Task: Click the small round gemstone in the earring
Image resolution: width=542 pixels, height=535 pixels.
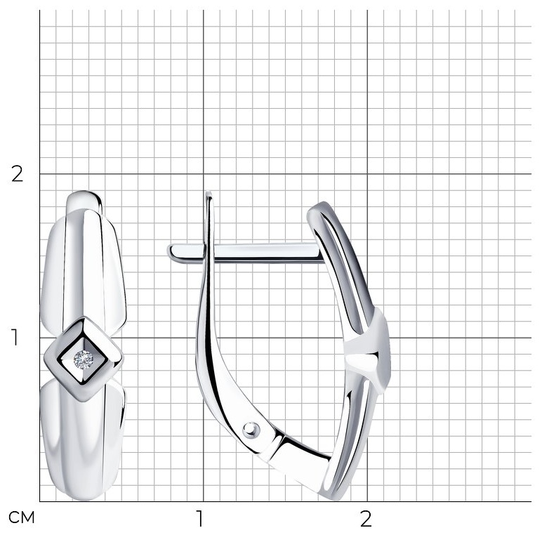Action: pos(84,359)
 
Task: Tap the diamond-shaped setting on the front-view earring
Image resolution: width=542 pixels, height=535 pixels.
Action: pos(84,359)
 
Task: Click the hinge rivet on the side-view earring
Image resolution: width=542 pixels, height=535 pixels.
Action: pos(251,430)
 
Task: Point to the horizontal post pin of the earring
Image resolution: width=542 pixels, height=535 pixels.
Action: pos(246,253)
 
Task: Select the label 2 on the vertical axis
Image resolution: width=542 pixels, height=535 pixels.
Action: pos(17,174)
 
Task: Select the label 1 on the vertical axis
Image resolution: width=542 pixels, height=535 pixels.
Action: pos(15,337)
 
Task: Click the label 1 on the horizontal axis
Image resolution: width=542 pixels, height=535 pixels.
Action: pos(200,518)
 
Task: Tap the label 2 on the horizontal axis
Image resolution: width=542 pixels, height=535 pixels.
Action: pos(366,518)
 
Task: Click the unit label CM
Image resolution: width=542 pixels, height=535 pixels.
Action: pos(22,517)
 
